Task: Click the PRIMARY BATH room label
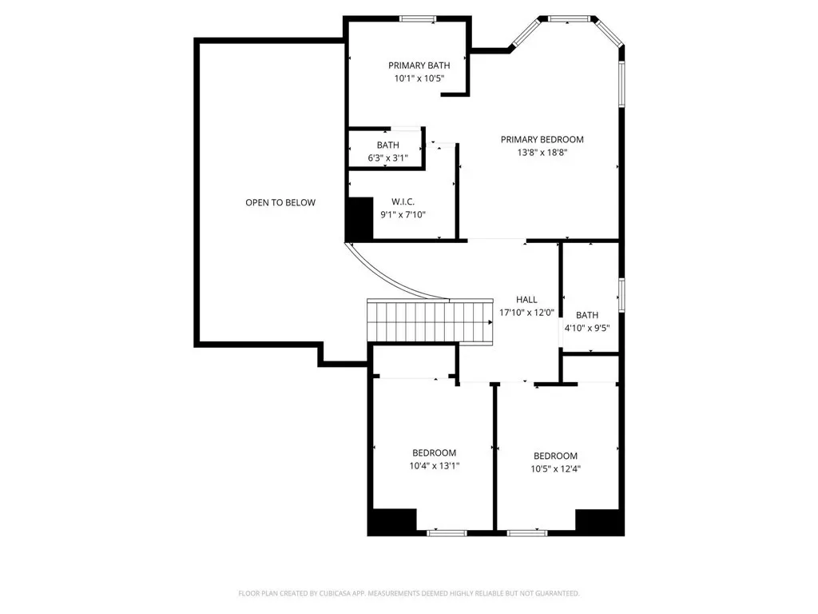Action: click(x=419, y=66)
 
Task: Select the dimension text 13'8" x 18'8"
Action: click(x=542, y=153)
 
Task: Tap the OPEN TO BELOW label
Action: click(x=280, y=202)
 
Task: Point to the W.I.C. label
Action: click(x=403, y=201)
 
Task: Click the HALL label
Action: click(x=526, y=300)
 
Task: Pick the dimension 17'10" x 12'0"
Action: click(x=526, y=313)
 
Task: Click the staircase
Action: click(x=431, y=321)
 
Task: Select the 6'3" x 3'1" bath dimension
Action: click(x=387, y=157)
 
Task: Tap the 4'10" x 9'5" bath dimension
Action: click(x=587, y=329)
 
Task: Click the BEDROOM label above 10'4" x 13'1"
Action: click(x=434, y=453)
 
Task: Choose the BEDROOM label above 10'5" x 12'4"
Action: click(x=556, y=456)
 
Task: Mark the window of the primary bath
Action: click(x=418, y=19)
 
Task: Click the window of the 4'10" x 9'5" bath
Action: click(x=621, y=296)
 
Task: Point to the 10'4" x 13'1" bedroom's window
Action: click(x=447, y=533)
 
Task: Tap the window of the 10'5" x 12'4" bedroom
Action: click(x=527, y=533)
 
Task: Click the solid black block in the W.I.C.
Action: click(x=360, y=218)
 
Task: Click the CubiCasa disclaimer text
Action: click(x=409, y=593)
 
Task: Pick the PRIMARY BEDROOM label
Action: click(x=542, y=139)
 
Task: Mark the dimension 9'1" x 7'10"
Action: click(x=403, y=214)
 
